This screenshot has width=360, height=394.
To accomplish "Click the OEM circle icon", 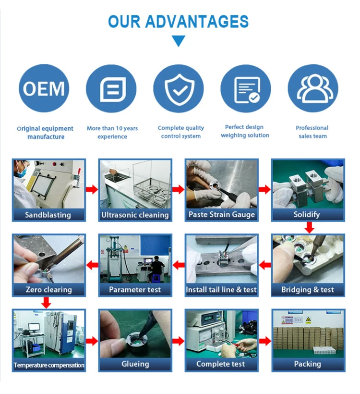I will click(44, 89).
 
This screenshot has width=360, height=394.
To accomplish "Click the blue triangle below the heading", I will click(179, 41).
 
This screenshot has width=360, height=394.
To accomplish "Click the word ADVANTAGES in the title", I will click(197, 21).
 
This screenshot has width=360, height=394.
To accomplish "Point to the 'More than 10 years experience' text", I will click(112, 132).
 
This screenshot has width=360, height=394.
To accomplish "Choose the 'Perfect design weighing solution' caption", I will click(245, 131).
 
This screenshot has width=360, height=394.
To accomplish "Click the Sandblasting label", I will click(48, 215).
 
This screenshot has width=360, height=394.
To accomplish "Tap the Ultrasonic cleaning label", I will click(135, 215).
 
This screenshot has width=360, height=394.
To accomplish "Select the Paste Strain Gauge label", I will click(221, 215).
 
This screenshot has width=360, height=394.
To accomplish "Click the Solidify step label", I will click(307, 215).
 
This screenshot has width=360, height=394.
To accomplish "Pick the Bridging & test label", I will click(308, 290).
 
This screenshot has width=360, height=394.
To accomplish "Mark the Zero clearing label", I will click(48, 290).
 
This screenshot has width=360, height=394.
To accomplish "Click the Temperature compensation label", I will click(49, 365).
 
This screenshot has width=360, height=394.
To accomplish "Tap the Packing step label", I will click(307, 364).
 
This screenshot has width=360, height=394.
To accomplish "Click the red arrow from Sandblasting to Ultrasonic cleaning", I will click(92, 190).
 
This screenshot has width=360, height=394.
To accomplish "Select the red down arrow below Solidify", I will click(310, 227).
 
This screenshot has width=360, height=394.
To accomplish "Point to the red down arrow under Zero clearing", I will click(46, 303).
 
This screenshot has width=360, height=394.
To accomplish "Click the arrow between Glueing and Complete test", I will click(178, 341).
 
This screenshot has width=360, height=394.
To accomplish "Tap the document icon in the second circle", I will click(111, 89).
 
